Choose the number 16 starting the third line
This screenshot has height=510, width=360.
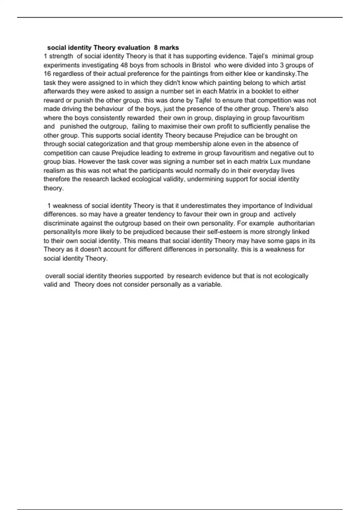(47, 74)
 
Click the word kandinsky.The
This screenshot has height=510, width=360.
(287, 74)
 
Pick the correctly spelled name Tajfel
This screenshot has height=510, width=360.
(203, 100)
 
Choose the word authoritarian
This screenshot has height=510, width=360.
(296, 223)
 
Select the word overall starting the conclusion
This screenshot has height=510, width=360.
(55, 276)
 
